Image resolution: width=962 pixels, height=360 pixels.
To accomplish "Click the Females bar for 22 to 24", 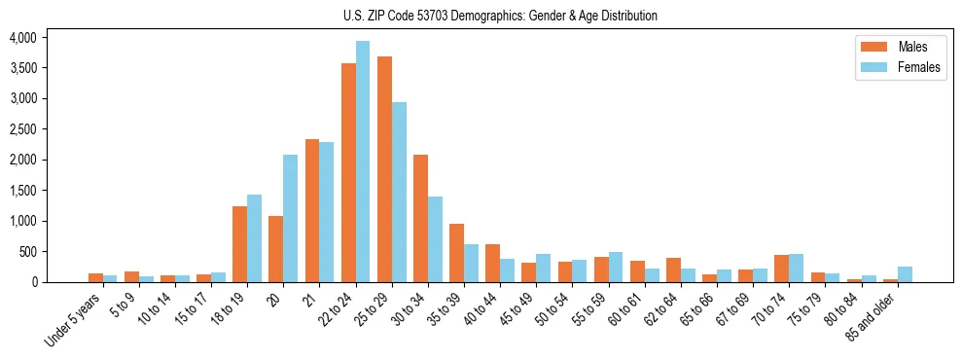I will tap(363, 162).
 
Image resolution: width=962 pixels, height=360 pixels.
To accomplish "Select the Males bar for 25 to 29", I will tap(384, 169).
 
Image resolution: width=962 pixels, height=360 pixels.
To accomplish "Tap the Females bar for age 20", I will tap(291, 218).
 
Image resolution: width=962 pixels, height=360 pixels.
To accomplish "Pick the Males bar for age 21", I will tap(312, 210).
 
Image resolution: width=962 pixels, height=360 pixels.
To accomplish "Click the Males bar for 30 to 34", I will tap(420, 218).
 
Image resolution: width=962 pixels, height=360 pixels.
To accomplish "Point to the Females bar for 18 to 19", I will tap(255, 238).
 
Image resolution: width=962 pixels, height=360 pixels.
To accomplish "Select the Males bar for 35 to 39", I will tap(456, 253).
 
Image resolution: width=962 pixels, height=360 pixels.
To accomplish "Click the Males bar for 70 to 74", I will tap(781, 269).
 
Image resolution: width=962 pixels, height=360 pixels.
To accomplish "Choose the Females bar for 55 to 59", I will tap(616, 268).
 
